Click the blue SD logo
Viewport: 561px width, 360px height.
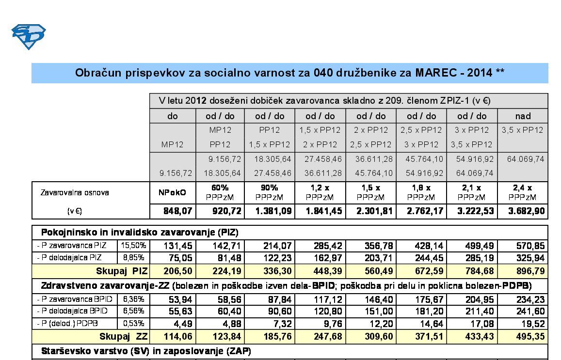29,37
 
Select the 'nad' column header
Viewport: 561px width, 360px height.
523,116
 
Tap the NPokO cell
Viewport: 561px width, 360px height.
173,192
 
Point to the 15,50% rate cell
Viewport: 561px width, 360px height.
133,246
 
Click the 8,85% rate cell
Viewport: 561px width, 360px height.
133,258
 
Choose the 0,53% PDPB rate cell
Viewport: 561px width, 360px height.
133,324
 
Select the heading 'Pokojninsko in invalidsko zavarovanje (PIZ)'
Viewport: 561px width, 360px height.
140,232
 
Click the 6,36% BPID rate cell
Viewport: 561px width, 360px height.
133,299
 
